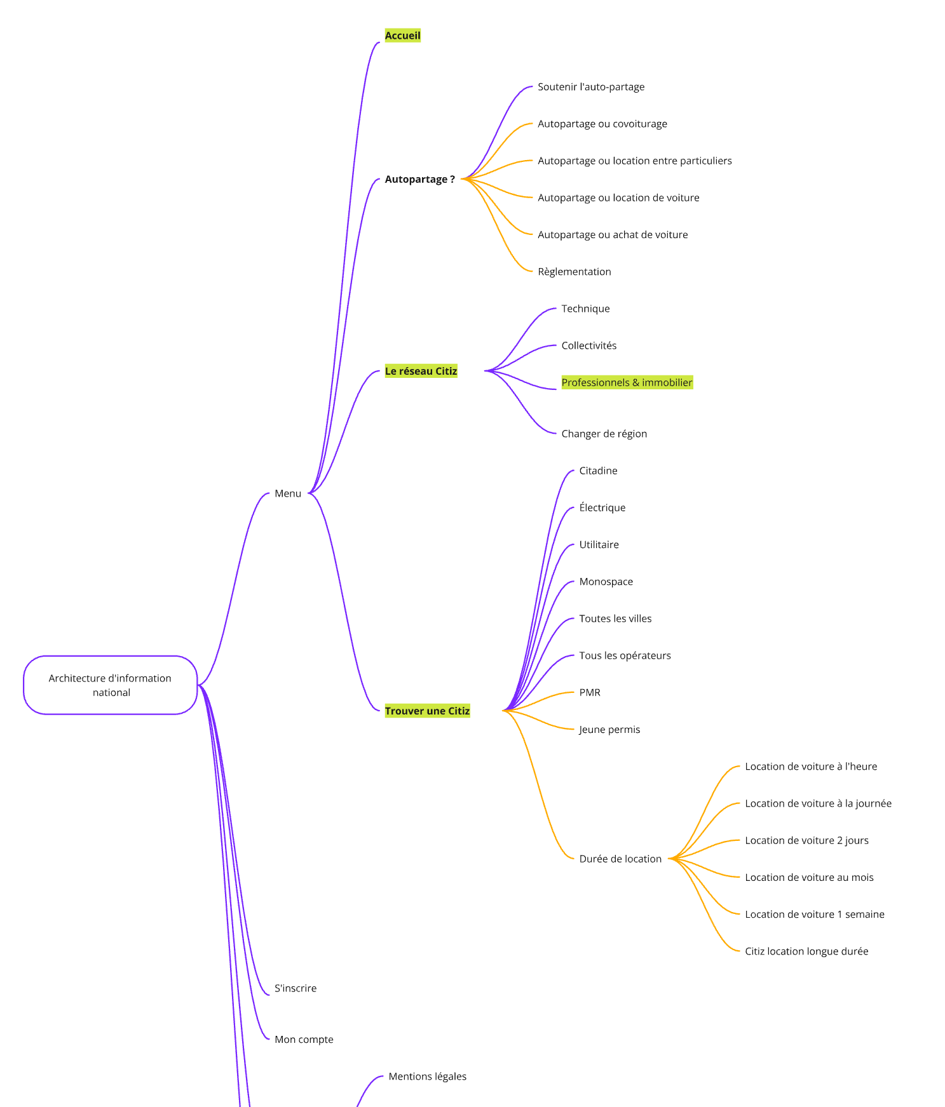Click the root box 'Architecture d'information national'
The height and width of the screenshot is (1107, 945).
(110, 685)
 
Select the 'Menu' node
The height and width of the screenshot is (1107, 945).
(288, 493)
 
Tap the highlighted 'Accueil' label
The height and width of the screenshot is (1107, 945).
(402, 36)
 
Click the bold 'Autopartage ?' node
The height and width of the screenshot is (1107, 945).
(419, 180)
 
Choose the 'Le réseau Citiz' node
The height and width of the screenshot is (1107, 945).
(421, 371)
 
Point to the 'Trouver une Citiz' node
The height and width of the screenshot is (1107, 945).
(427, 711)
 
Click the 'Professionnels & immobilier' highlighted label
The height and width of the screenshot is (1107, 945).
(627, 382)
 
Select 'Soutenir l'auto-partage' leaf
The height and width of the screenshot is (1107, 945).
(591, 87)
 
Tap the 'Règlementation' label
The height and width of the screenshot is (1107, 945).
(574, 272)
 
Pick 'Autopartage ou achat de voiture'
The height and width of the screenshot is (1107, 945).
(613, 235)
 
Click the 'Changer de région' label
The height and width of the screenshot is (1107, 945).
(604, 434)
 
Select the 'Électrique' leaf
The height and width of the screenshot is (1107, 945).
(602, 508)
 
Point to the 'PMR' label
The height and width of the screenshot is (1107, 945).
(590, 693)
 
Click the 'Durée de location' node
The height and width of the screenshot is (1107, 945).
(620, 859)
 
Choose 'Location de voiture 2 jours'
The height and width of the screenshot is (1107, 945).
(806, 840)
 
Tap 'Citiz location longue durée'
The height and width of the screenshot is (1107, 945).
(806, 951)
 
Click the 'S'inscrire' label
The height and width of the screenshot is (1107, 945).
(296, 988)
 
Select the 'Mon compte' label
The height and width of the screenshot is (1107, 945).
(304, 1040)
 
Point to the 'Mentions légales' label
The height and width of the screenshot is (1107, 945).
(428, 1077)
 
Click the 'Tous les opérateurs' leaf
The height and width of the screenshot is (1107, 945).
(625, 655)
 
